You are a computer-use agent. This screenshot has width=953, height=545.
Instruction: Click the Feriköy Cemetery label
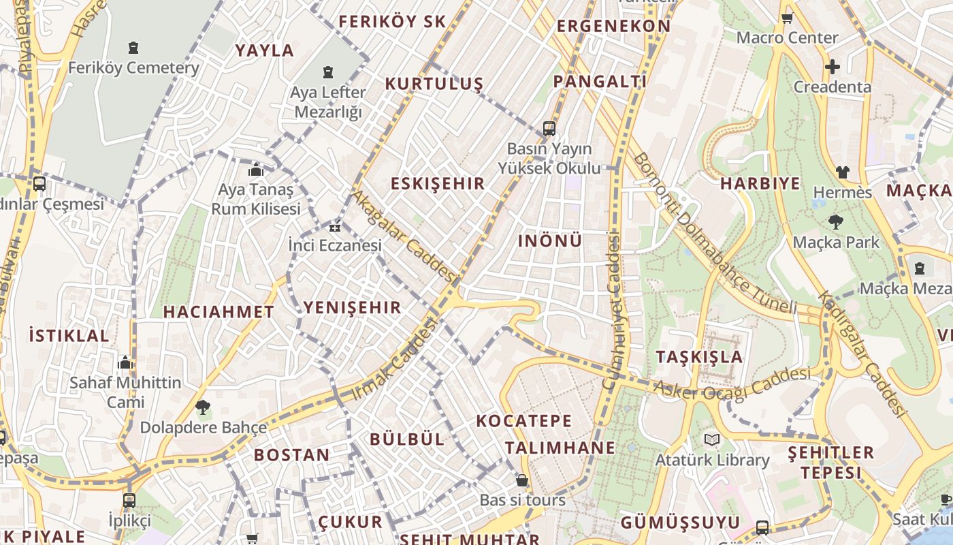click(x=133, y=68)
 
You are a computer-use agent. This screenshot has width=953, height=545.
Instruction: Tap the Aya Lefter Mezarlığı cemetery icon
click(x=328, y=72)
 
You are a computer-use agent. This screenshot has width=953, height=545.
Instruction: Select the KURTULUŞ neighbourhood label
click(x=434, y=84)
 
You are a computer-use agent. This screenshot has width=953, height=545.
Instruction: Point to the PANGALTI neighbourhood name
click(x=600, y=82)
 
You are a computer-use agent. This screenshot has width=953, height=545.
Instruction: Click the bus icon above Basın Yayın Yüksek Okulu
click(x=549, y=128)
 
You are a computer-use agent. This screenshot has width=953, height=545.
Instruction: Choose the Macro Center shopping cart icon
click(x=787, y=18)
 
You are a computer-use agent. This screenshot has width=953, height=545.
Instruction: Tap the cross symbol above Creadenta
click(x=832, y=67)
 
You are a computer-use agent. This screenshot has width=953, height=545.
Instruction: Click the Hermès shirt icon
click(x=843, y=172)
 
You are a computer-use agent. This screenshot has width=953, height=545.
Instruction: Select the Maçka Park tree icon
click(x=835, y=222)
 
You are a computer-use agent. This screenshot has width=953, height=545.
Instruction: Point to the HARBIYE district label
click(x=760, y=184)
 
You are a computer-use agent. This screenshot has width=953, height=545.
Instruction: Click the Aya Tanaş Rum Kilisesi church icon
click(x=256, y=169)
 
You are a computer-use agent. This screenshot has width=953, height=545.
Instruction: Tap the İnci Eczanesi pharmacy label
click(x=335, y=245)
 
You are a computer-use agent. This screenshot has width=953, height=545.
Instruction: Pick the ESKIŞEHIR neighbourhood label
click(x=438, y=183)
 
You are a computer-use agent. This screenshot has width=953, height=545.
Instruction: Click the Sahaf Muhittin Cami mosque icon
click(x=125, y=362)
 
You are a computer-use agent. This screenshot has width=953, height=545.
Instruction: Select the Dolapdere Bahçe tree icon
click(x=202, y=408)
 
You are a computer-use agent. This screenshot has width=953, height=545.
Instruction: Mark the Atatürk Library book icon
click(x=712, y=440)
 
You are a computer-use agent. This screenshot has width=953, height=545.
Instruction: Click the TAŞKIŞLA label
click(x=699, y=357)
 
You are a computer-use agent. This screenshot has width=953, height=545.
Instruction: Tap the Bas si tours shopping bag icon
click(x=522, y=480)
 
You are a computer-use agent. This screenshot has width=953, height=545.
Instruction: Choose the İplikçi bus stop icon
click(x=129, y=501)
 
